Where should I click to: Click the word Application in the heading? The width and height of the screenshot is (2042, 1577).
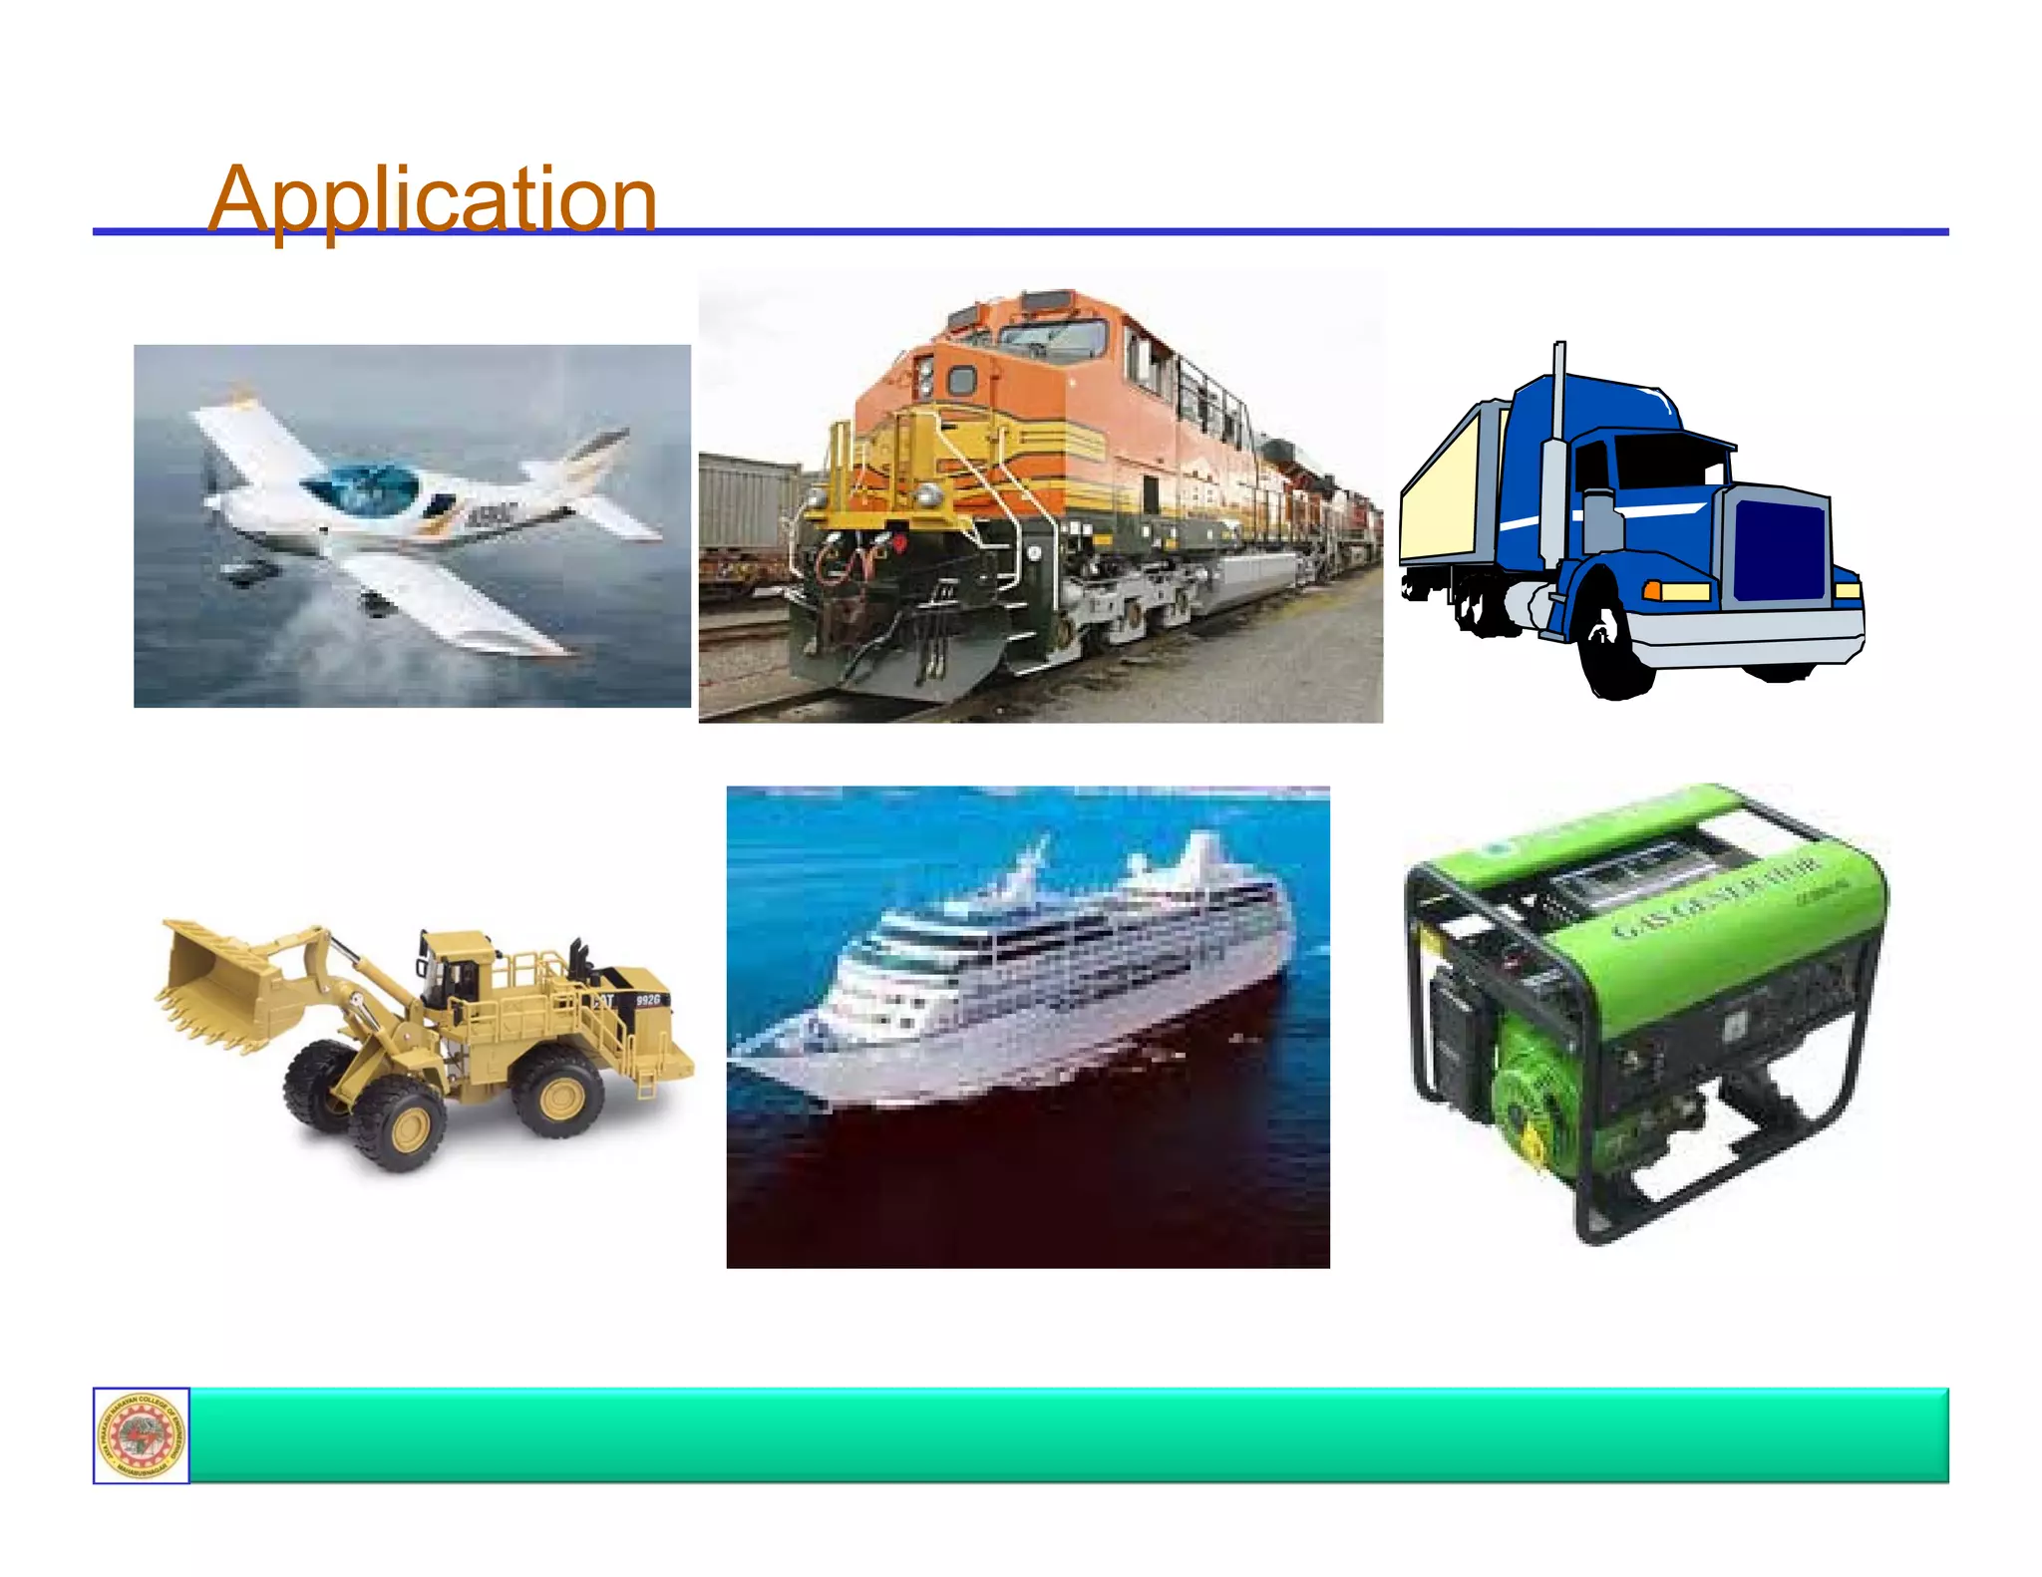tap(432, 199)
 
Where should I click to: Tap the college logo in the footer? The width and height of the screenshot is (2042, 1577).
tap(142, 1435)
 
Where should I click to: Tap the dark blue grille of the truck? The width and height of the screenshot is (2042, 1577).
tap(1780, 549)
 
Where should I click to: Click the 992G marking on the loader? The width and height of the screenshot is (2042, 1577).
tap(648, 999)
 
